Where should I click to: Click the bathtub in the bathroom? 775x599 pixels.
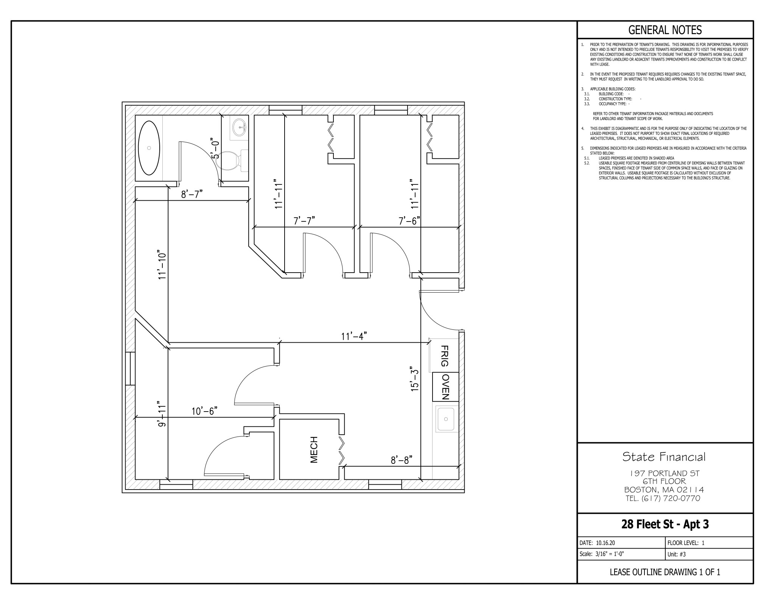coord(149,148)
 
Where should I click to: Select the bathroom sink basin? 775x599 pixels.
coord(239,127)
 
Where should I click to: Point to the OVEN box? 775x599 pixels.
coord(446,387)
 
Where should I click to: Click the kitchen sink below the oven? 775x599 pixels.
coord(446,419)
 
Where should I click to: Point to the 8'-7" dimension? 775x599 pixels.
coord(192,194)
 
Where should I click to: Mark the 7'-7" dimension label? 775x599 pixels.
coord(304,221)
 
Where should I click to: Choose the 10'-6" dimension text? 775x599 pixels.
coord(204,411)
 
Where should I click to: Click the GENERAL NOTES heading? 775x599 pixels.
coord(665,30)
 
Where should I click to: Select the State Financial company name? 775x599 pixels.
coord(664,457)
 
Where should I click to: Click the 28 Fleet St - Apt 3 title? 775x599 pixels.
coord(665,524)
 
